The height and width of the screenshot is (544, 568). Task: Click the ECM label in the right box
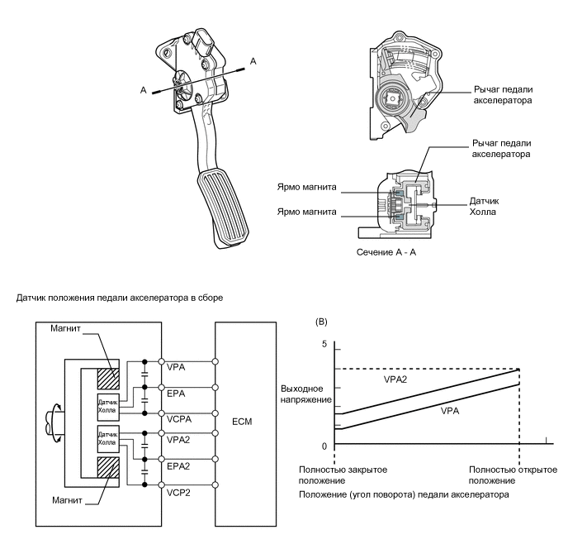pyautogui.click(x=242, y=422)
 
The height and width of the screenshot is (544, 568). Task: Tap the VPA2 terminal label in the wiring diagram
pyautogui.click(x=178, y=440)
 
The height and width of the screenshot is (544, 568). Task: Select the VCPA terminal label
pyautogui.click(x=179, y=419)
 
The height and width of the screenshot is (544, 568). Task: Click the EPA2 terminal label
pyautogui.click(x=178, y=466)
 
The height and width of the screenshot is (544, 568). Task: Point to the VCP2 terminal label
pyautogui.click(x=178, y=493)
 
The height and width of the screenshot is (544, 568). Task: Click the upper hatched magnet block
pyautogui.click(x=108, y=379)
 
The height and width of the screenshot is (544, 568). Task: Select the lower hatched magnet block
pyautogui.click(x=108, y=467)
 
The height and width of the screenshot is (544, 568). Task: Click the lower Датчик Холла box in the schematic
pyautogui.click(x=108, y=439)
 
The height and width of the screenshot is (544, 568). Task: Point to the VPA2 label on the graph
pyautogui.click(x=395, y=379)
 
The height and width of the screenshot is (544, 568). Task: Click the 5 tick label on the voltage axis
pyautogui.click(x=324, y=344)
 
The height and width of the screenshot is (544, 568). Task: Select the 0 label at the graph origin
pyautogui.click(x=324, y=446)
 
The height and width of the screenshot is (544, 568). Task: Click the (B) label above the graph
pyautogui.click(x=321, y=322)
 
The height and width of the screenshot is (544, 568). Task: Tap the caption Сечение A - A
pyautogui.click(x=386, y=252)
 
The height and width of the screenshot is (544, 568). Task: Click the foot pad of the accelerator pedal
pyautogui.click(x=223, y=207)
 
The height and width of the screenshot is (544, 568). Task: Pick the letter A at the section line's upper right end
pyautogui.click(x=253, y=61)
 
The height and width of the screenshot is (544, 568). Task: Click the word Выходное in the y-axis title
pyautogui.click(x=302, y=389)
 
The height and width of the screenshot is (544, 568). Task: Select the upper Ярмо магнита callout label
pyautogui.click(x=306, y=187)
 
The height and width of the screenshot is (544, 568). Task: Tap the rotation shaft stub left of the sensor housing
pyautogui.click(x=55, y=422)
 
